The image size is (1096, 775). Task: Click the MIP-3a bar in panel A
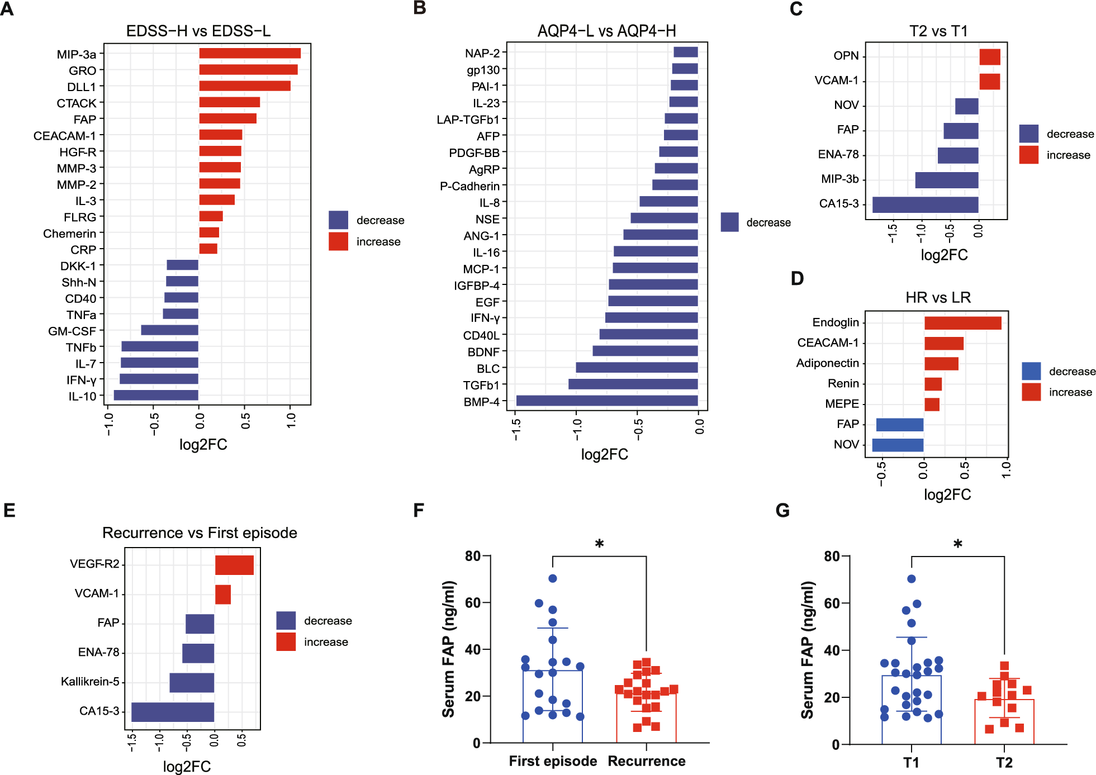pos(250,54)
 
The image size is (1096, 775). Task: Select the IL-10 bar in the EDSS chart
pos(156,396)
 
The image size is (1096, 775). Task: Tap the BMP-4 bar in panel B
pos(607,401)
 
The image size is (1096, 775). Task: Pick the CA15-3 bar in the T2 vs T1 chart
pos(925,205)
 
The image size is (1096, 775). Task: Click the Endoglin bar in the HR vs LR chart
pos(962,323)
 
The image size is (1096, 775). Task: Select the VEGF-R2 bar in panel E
pos(234,565)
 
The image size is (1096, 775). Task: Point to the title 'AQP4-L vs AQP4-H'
pos(606,31)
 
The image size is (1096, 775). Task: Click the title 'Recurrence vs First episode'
pos(200,532)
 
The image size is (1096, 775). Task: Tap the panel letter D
pos(797,278)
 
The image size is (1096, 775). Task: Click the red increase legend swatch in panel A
pos(338,241)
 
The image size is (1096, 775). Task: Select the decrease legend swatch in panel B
pos(729,222)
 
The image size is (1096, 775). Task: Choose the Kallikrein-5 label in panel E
pos(90,682)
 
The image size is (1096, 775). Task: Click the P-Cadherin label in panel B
pos(469,186)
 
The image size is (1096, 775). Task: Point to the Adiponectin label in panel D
pos(827,363)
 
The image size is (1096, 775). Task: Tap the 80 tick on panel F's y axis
pos(472,556)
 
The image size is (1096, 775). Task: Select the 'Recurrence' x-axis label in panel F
pos(646,761)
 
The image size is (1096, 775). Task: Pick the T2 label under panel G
pos(1004,763)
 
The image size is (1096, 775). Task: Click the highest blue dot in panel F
pos(553,578)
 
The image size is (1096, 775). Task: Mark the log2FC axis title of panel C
pos(944,255)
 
